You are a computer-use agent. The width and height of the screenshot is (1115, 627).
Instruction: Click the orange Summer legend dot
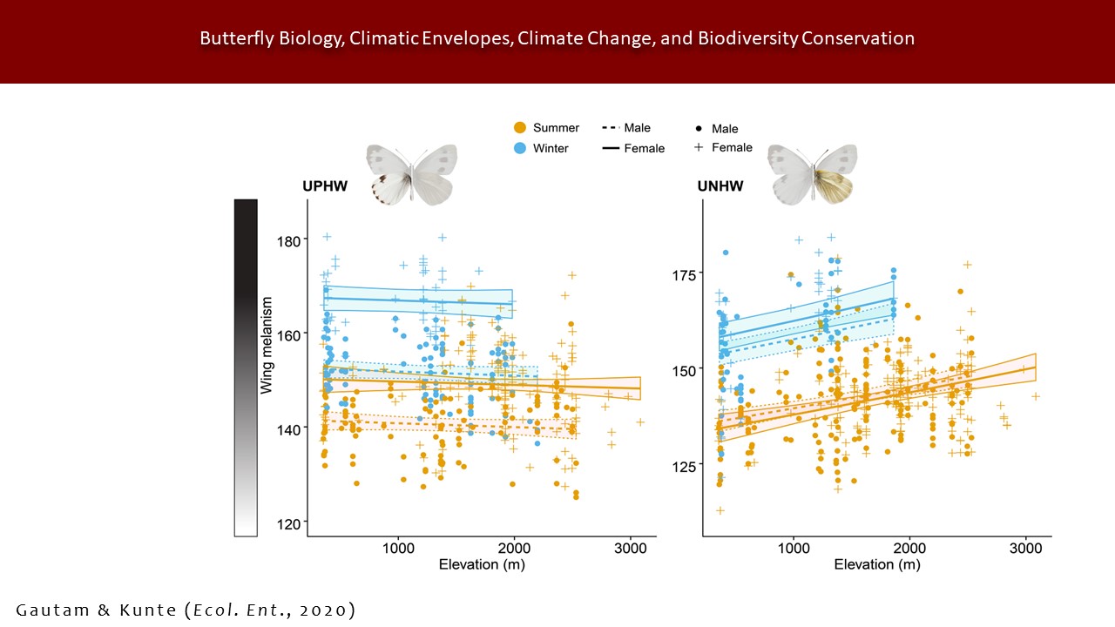click(x=520, y=128)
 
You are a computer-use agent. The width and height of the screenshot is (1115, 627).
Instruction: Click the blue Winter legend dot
click(x=520, y=148)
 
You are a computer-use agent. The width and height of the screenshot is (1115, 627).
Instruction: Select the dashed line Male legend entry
click(x=625, y=128)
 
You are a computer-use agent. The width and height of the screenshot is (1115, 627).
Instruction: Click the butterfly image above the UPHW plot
click(x=411, y=173)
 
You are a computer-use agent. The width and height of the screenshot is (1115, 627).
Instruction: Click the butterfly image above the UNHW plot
click(x=812, y=173)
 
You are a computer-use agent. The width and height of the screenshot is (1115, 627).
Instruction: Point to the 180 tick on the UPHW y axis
click(x=288, y=239)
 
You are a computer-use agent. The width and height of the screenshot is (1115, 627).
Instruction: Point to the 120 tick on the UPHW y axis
click(x=288, y=522)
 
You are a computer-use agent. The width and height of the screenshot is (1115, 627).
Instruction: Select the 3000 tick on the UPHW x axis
click(x=629, y=549)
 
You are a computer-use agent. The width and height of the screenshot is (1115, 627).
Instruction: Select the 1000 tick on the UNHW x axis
click(x=794, y=549)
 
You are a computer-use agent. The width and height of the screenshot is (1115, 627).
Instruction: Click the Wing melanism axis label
click(x=267, y=345)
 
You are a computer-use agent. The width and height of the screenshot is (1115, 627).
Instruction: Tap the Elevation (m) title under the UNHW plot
click(x=876, y=564)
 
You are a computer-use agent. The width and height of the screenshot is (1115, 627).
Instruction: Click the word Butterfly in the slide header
click(x=233, y=38)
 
